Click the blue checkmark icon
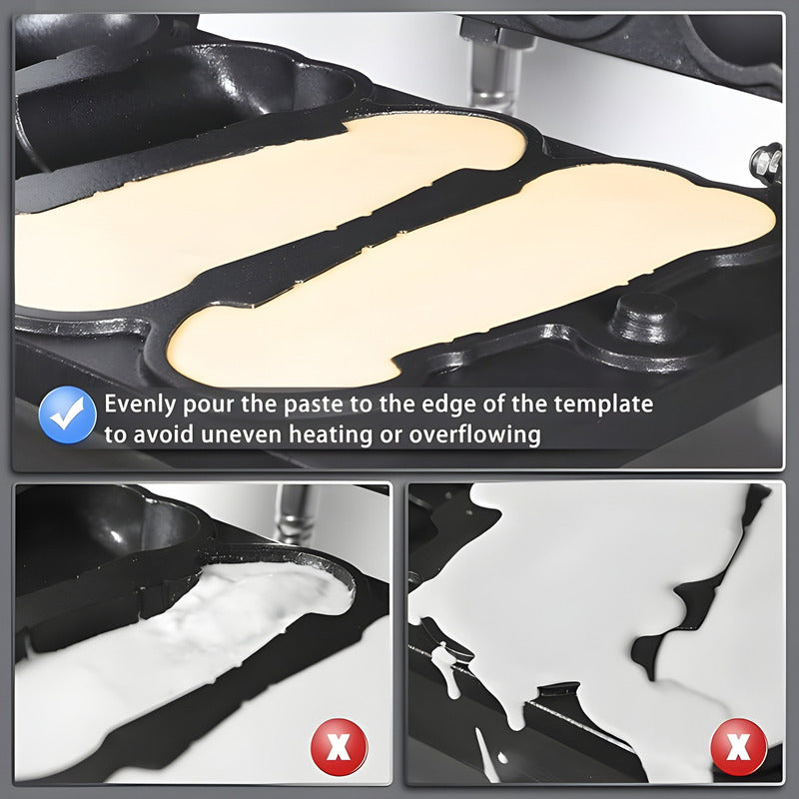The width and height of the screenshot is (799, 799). [x=67, y=414]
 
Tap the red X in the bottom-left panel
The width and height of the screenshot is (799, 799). [x=340, y=746]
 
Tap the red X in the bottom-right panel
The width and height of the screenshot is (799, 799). [x=739, y=746]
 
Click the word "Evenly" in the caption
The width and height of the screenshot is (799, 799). [x=140, y=404]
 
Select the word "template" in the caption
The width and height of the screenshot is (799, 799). [x=603, y=404]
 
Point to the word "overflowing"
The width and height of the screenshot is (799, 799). [x=474, y=435]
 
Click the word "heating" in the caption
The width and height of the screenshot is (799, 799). [x=331, y=435]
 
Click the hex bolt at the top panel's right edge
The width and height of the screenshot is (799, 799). [x=766, y=163]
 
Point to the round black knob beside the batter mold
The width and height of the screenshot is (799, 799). [x=646, y=317]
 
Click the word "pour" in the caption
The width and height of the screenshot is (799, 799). [x=207, y=405]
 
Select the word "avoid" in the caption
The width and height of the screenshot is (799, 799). [x=162, y=435]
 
